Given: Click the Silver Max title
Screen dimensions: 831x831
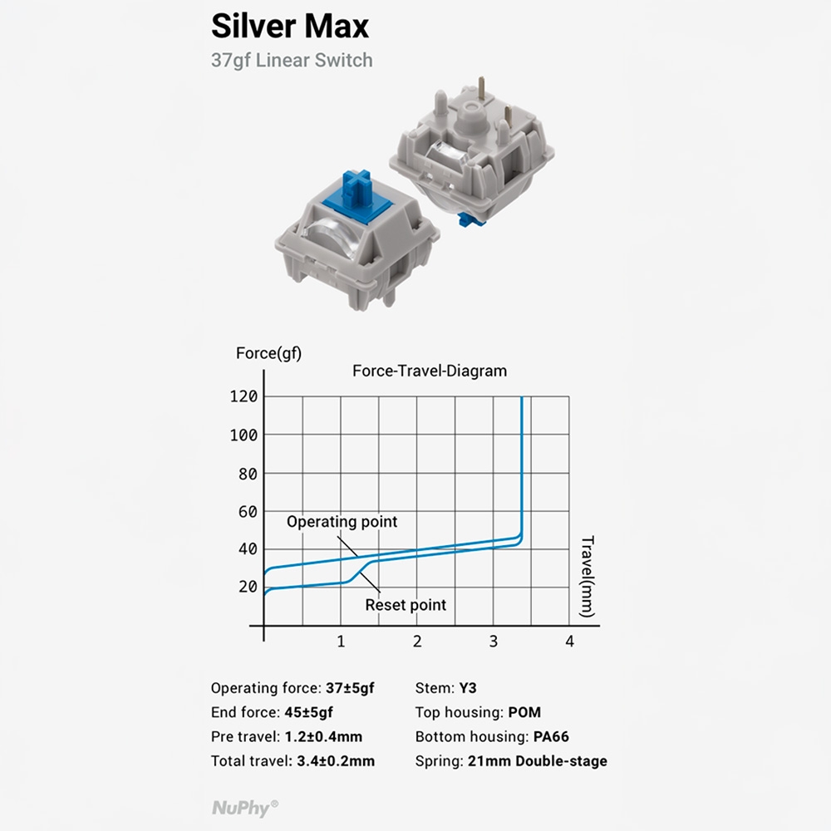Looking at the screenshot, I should (289, 26).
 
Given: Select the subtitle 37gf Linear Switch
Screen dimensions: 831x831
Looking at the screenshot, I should (292, 61).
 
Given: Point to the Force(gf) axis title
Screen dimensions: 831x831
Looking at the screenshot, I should (268, 353).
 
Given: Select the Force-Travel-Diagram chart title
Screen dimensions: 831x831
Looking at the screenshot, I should (429, 371).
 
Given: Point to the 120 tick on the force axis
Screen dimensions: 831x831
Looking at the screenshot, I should (243, 396).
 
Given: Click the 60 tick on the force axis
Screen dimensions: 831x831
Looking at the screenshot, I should (247, 511).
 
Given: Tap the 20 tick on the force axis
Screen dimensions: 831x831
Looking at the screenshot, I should (247, 587).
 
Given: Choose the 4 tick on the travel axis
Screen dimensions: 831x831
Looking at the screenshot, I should (569, 641).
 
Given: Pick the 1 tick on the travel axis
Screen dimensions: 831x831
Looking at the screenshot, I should (341, 641).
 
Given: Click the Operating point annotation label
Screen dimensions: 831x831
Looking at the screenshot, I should (342, 522).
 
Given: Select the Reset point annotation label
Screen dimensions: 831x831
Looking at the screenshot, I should (406, 605).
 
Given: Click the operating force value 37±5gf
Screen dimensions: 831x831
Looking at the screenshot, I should (350, 688).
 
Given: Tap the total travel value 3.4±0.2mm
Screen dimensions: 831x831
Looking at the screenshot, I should (336, 760).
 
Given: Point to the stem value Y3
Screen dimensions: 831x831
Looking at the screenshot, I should (468, 688).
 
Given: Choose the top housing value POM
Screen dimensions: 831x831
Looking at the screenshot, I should (524, 712).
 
